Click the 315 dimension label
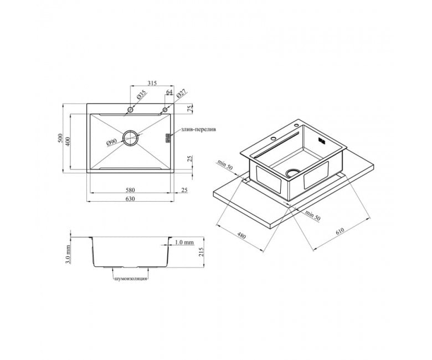pyautogui.click(x=152, y=83)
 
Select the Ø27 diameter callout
pyautogui.click(x=181, y=94)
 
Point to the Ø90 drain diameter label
pyautogui.click(x=111, y=142)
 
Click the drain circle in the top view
pyautogui.click(x=130, y=138)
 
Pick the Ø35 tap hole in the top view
pyautogui.click(x=130, y=110)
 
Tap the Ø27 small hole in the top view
pyautogui.click(x=165, y=110)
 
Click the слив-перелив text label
pyautogui.click(x=199, y=130)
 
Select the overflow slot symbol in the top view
pyautogui.click(x=167, y=138)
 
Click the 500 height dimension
pyautogui.click(x=60, y=138)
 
